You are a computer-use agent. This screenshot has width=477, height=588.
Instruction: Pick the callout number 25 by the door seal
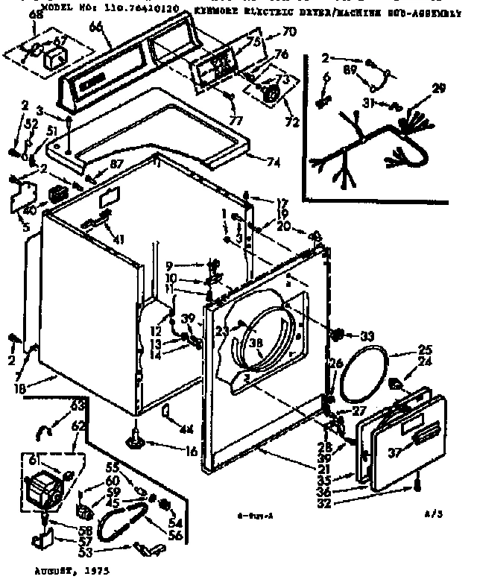[425, 350]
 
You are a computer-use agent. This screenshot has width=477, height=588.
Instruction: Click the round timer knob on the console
[272, 94]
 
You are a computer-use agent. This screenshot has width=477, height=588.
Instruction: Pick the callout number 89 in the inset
[347, 69]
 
